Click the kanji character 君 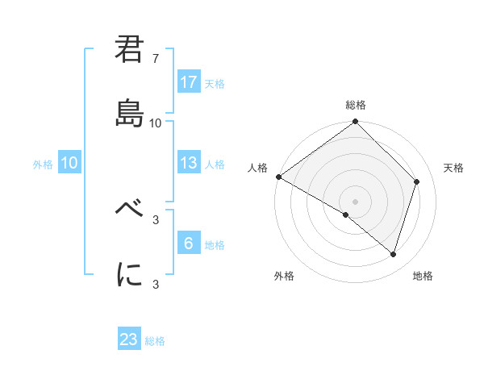(x=130, y=51)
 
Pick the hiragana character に (x=130, y=274)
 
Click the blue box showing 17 (x=189, y=82)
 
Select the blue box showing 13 (x=189, y=163)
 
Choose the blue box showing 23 (x=129, y=339)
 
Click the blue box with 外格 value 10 (x=69, y=163)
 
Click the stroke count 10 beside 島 (x=156, y=123)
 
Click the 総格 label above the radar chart (x=356, y=105)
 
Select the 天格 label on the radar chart (x=453, y=168)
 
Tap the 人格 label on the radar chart (x=257, y=168)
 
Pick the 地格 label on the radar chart (x=423, y=276)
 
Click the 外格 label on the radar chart (x=284, y=276)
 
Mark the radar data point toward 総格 (x=356, y=123)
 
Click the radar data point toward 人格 (x=278, y=177)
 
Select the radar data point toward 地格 (x=394, y=254)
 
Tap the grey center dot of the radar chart (x=356, y=201)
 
